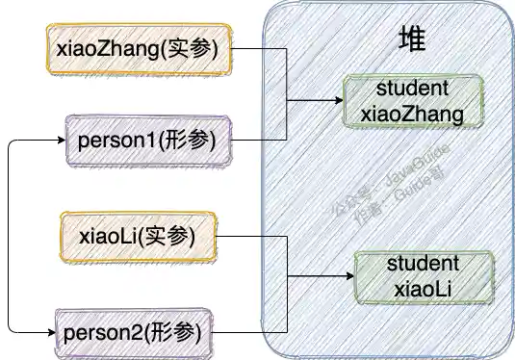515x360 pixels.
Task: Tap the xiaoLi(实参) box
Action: pos(141,235)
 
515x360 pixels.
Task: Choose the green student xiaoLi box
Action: pos(425,275)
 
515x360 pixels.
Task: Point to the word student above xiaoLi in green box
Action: pos(424,263)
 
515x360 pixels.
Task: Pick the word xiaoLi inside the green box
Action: pos(425,288)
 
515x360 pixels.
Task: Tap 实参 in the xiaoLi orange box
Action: pos(175,235)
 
